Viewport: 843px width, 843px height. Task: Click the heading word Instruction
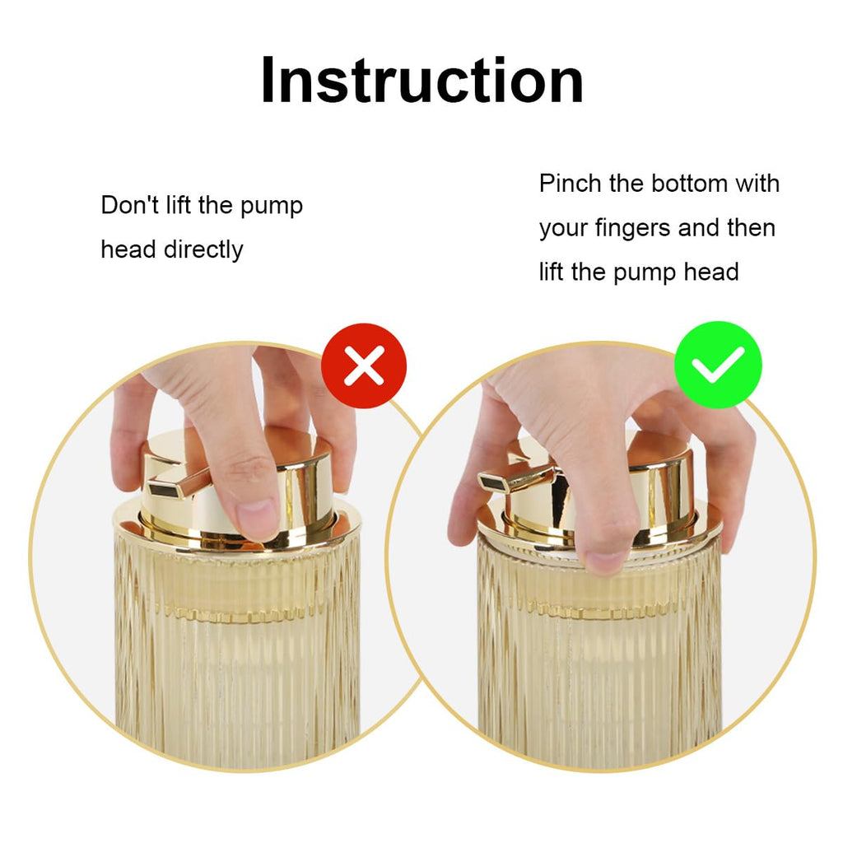point(422,80)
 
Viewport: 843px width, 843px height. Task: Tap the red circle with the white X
point(364,366)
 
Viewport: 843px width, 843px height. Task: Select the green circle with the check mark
point(718,365)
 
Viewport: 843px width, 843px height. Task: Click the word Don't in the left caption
point(129,205)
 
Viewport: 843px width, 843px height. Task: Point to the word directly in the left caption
point(203,249)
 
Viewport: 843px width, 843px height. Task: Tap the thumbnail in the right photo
point(605,561)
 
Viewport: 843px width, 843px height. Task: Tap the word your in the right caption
point(563,230)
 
